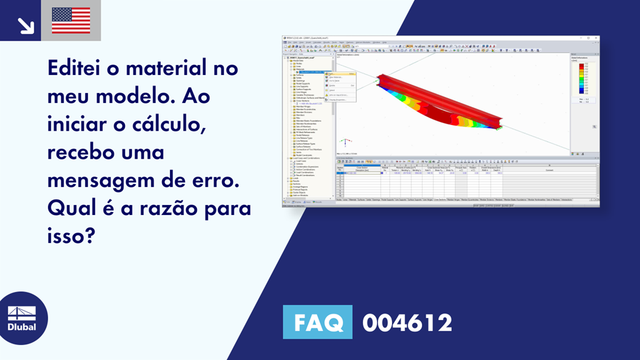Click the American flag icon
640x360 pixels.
click(x=71, y=21)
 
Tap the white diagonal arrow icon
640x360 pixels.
click(x=24, y=24)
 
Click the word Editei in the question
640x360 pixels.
click(x=76, y=68)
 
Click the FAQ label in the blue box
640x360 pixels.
click(x=317, y=322)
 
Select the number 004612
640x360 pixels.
click(x=407, y=323)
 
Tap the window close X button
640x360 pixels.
click(x=597, y=38)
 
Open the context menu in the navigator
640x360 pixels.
click(x=343, y=86)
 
